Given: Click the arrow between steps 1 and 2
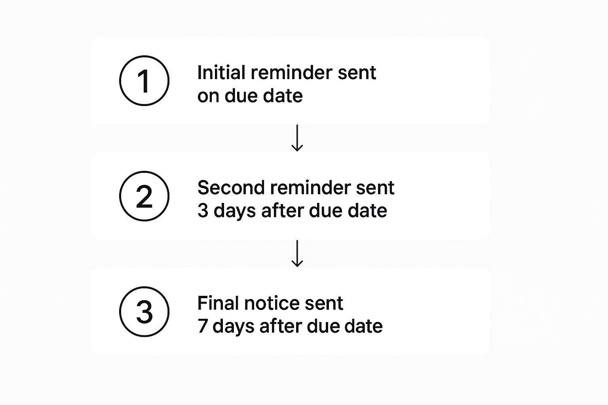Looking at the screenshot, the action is click(x=297, y=138).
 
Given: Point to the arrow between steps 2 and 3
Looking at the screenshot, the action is click(x=297, y=254).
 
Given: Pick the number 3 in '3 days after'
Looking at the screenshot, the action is click(x=203, y=211).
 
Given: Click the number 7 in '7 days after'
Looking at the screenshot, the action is click(x=203, y=326).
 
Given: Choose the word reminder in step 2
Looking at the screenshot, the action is click(x=310, y=188).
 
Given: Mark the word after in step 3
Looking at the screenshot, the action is click(x=281, y=326).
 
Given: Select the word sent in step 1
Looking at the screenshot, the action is click(x=357, y=73).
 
